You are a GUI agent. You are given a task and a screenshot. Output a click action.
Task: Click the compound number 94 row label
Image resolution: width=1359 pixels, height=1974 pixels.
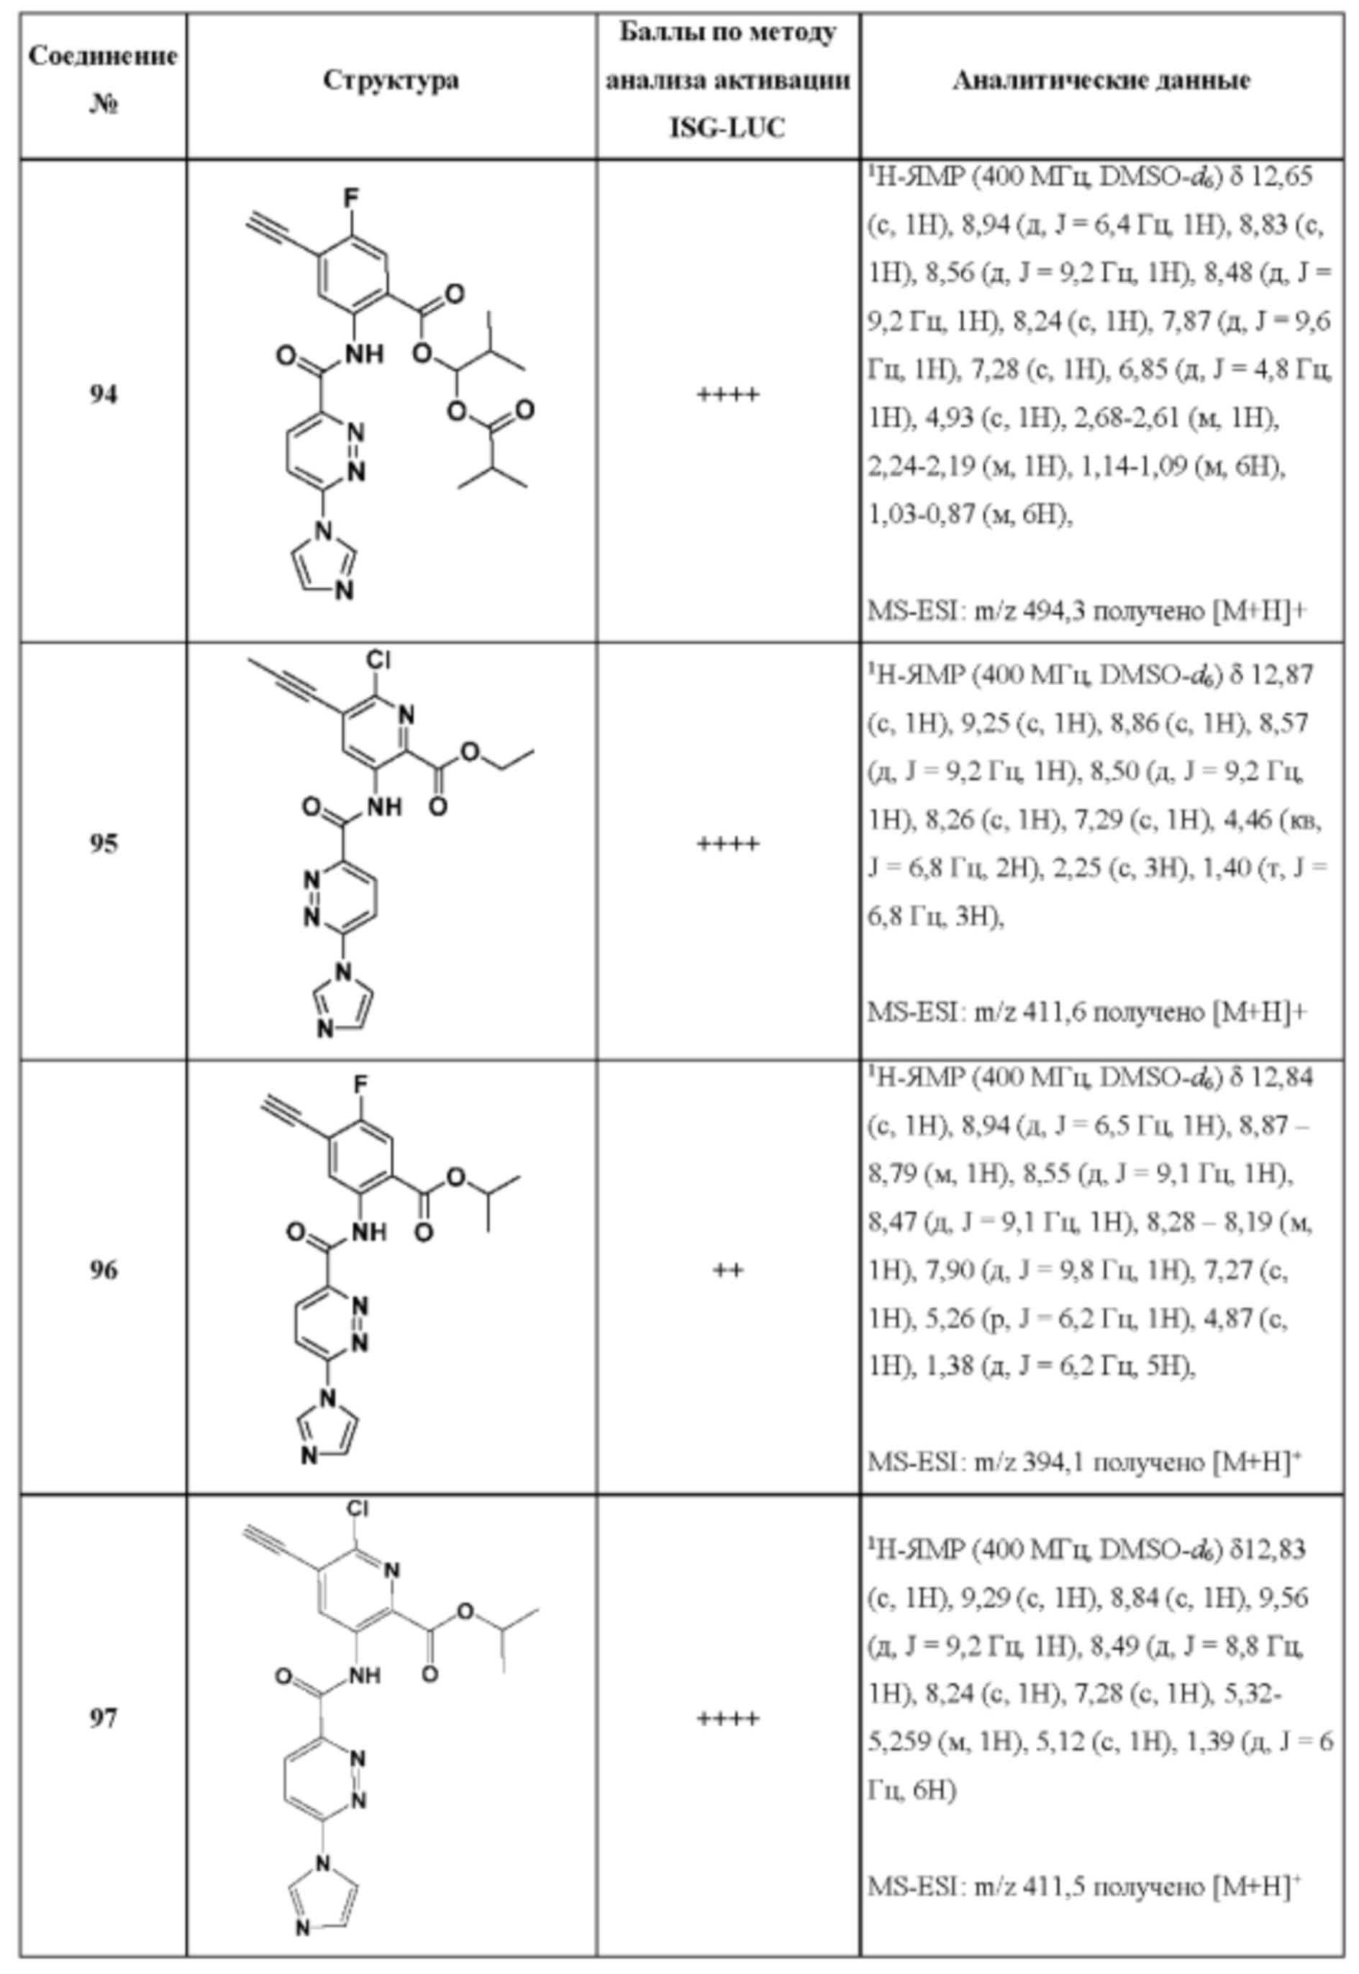103,395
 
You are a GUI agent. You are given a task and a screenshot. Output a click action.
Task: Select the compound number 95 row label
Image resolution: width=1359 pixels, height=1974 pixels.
103,843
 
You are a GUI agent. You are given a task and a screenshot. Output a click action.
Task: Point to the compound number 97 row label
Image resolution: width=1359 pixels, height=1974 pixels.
103,1719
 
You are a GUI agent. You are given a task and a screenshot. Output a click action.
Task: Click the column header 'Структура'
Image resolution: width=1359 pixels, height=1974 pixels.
391,81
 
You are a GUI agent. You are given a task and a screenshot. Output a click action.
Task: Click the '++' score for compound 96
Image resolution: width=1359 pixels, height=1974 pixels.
727,1271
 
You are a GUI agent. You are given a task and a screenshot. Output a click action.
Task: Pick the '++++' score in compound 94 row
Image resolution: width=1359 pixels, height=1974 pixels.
727,395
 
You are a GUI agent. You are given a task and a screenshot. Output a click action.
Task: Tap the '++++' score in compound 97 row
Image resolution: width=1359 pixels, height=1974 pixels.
727,1719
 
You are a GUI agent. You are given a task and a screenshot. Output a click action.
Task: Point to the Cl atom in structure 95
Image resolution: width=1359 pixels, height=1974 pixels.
378,660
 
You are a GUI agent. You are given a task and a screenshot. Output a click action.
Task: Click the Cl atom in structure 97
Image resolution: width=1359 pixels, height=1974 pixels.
358,1508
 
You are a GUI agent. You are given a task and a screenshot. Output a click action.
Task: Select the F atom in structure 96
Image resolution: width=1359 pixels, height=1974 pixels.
361,1085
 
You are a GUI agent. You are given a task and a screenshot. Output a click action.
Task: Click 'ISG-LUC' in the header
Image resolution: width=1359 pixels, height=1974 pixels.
727,129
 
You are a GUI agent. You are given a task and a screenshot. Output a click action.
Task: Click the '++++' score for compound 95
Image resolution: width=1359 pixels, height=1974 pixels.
727,844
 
